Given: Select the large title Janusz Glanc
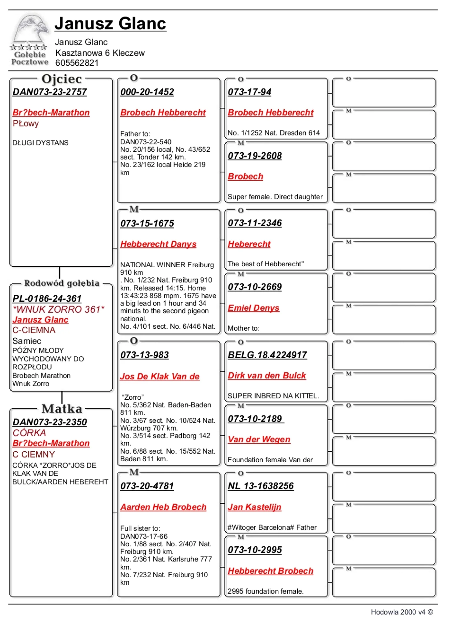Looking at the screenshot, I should click(x=110, y=24).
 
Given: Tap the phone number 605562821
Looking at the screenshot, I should click(x=77, y=63).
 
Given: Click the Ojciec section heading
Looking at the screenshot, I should click(x=62, y=79).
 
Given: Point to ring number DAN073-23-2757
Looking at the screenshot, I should click(x=50, y=92).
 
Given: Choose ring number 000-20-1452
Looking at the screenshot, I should click(x=147, y=92).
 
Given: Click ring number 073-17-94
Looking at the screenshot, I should click(x=249, y=92).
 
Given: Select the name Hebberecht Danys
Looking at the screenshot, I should click(x=158, y=244).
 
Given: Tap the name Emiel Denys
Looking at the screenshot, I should click(x=253, y=308).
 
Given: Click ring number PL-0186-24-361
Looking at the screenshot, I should click(x=47, y=299).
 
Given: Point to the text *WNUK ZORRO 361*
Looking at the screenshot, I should click(x=58, y=310).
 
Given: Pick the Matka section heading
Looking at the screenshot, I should click(x=62, y=409).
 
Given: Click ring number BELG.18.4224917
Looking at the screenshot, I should click(x=267, y=355).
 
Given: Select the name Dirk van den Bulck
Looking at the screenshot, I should click(x=267, y=376).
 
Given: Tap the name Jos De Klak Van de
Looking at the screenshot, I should click(x=160, y=377).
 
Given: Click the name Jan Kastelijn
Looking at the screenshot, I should click(x=254, y=507).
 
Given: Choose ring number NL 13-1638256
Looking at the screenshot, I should click(x=261, y=486).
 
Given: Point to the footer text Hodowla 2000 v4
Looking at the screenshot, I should click(x=398, y=612).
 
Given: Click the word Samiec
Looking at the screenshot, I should click(x=27, y=341).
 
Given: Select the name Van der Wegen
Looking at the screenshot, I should click(x=259, y=440).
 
